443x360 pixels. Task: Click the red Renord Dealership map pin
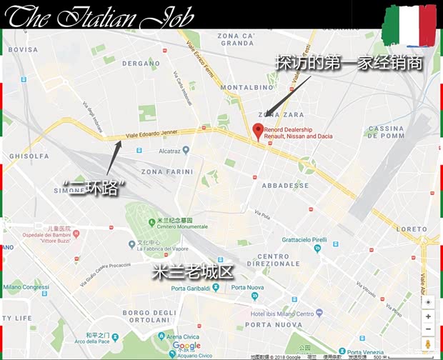coord(258,131)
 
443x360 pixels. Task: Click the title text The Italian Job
coord(100,16)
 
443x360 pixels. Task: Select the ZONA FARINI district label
coord(167,171)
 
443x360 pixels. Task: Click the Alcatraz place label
coord(169,150)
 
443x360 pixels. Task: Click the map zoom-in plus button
coord(428,316)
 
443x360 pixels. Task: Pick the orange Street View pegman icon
coord(428,346)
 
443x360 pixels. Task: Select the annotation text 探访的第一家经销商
coord(348,63)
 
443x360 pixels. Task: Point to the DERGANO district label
coord(141,63)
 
